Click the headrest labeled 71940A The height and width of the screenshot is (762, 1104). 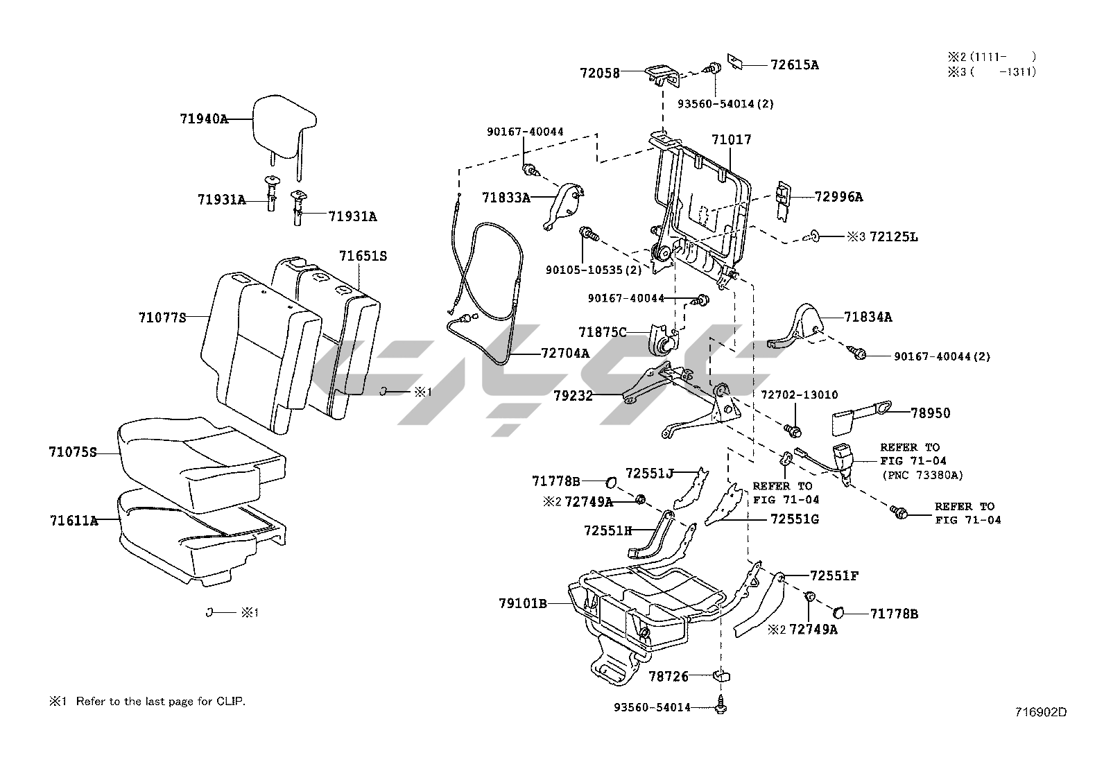tap(284, 129)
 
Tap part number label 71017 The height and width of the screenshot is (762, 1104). tap(732, 139)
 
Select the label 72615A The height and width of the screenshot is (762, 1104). tap(795, 64)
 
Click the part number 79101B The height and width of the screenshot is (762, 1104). tap(522, 603)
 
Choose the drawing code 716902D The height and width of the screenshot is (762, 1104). tap(1040, 711)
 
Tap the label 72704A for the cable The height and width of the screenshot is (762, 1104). tap(564, 353)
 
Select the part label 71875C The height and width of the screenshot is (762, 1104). tap(602, 332)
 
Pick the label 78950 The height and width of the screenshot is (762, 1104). tap(930, 413)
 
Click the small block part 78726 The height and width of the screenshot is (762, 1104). tap(722, 675)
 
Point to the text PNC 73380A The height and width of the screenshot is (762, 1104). tap(922, 475)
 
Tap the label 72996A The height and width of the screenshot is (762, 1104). tap(838, 197)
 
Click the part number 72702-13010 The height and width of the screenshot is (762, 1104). tap(800, 395)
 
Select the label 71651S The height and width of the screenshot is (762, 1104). tap(363, 256)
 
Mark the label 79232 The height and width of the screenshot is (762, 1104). tap(573, 395)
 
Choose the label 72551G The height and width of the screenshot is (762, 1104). tap(795, 519)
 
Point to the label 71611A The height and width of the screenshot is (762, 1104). tap(74, 520)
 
